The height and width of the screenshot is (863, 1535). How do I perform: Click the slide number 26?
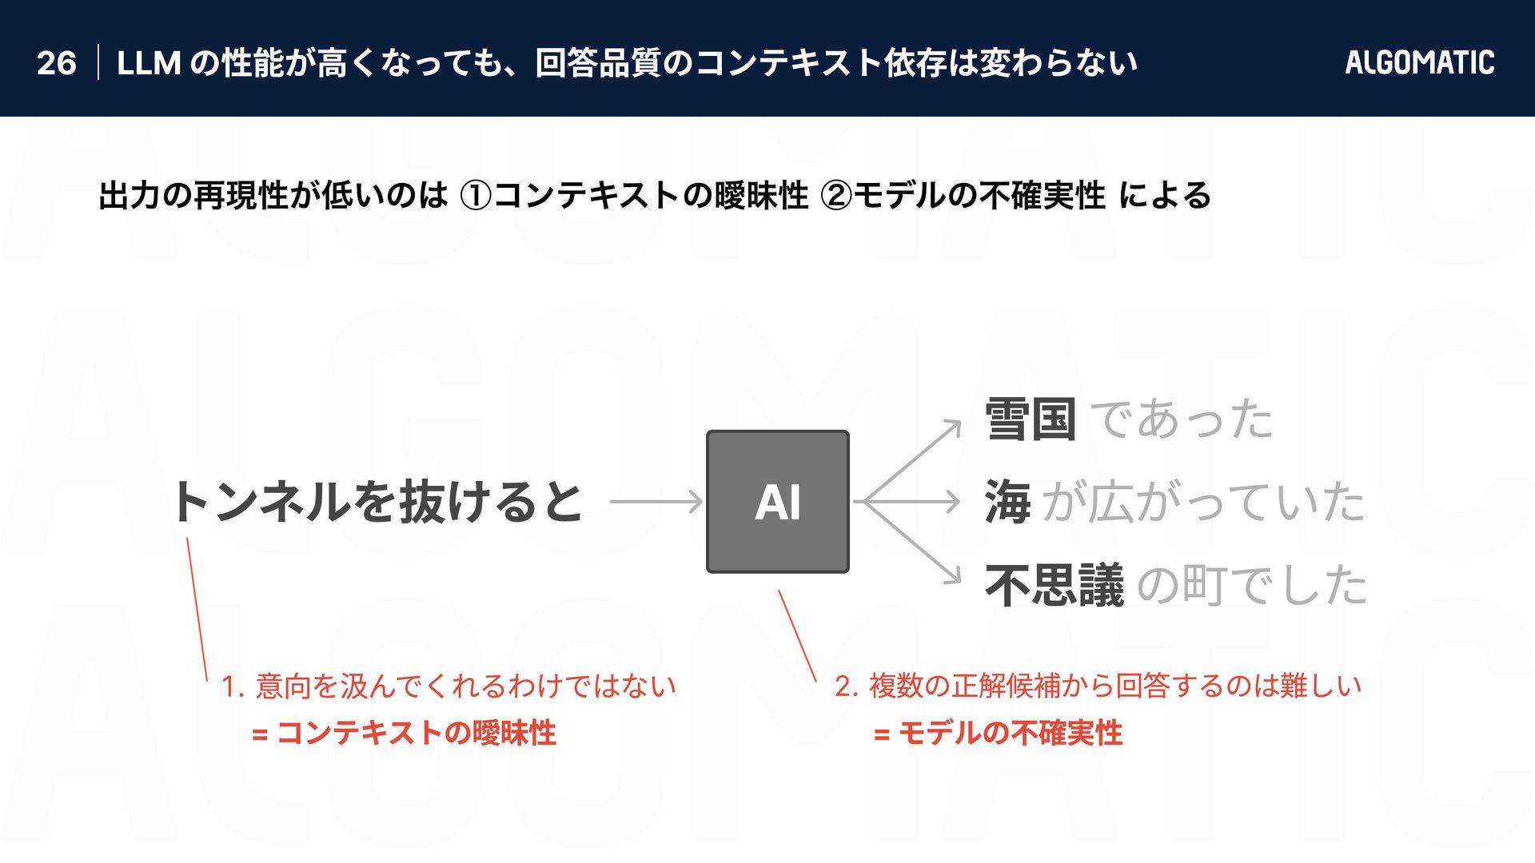56,63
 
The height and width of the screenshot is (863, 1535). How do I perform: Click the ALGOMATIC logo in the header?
1419,62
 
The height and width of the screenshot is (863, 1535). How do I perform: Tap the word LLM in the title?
149,63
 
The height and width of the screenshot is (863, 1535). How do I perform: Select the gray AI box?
777,502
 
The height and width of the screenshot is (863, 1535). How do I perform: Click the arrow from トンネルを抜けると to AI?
656,502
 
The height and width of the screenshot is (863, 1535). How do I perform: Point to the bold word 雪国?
1031,419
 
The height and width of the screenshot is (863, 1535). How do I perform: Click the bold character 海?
1008,502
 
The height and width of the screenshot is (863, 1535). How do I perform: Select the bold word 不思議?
1055,585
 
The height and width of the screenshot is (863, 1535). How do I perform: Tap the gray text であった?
1182,419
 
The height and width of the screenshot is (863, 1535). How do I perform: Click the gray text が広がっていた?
1203,502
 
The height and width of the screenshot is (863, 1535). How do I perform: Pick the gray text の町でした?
1251,585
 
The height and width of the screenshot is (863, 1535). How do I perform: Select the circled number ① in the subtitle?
476,196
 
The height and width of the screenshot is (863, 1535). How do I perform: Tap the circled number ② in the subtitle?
836,196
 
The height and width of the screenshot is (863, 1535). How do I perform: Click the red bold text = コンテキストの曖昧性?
404,733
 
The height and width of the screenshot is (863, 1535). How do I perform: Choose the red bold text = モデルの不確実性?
999,733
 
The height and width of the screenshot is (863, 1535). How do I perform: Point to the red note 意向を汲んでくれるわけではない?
465,686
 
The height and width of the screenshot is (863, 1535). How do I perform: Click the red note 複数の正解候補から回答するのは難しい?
1114,686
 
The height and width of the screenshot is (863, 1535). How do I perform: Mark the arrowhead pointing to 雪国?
954,427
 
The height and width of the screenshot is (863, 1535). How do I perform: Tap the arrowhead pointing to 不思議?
954,578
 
